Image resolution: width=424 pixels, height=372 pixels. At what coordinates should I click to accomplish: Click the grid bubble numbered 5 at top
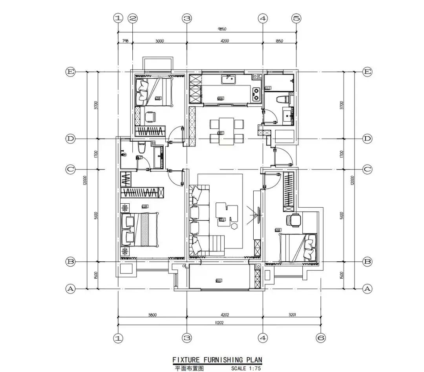(296, 18)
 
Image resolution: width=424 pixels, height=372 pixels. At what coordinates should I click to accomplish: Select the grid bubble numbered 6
(321, 338)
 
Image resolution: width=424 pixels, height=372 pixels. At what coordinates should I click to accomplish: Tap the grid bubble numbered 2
(133, 18)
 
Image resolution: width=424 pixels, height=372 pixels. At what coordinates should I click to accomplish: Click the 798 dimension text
(125, 41)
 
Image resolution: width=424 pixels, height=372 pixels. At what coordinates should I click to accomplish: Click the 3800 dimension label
(153, 314)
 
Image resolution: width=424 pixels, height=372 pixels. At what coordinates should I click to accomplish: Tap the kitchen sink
(228, 80)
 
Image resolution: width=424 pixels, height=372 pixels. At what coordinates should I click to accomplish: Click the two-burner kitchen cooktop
(256, 93)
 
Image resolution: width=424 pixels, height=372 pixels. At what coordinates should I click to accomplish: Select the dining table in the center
(227, 131)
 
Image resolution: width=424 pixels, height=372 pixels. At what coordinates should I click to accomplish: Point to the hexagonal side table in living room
(234, 226)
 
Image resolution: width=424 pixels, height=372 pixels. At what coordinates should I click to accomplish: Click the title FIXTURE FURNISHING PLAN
(217, 360)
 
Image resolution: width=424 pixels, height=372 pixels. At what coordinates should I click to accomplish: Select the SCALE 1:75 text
(246, 368)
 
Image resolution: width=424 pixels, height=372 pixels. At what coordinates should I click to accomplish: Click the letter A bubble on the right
(367, 289)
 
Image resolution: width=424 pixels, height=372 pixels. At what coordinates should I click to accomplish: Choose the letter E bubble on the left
(71, 72)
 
